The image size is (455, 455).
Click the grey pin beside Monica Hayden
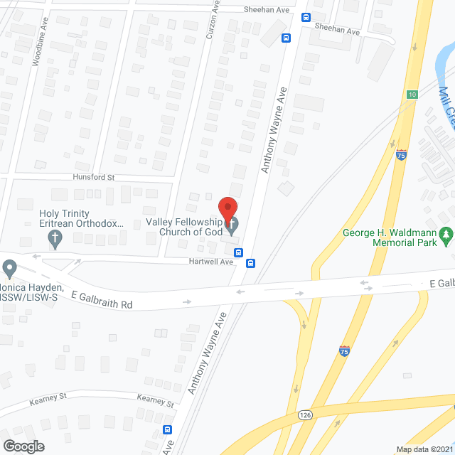pos(9,269)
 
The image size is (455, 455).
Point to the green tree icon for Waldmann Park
pos(446,232)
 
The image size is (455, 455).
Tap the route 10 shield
pos(412,94)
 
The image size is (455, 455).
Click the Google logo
pos(23,446)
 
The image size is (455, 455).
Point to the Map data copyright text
pos(424,449)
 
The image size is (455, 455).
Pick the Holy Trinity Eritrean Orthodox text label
pos(81,218)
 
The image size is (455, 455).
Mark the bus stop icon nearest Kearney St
pos(168,429)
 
